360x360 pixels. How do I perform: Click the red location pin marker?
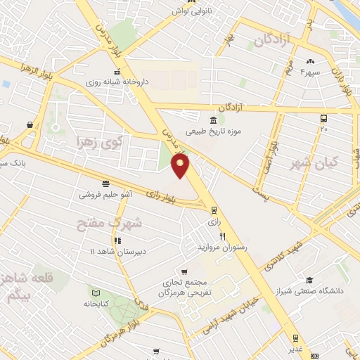181,167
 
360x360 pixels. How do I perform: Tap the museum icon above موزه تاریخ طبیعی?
213,119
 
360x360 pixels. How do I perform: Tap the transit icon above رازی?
214,209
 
